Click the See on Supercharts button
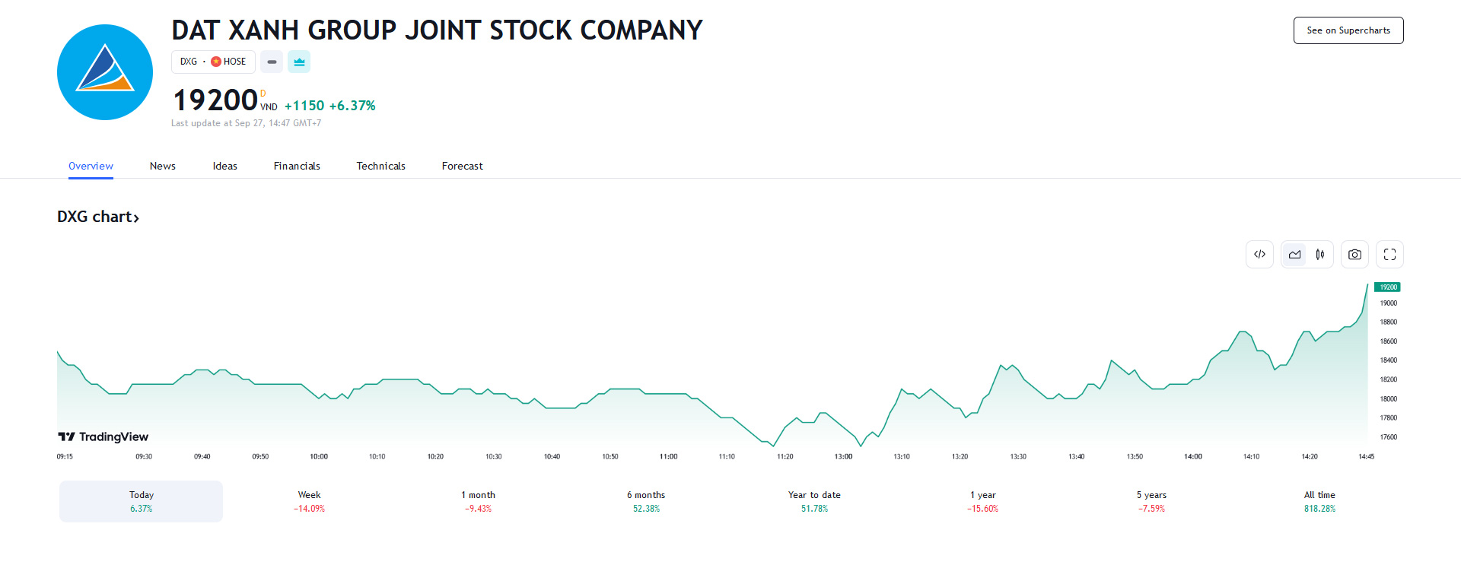[1348, 30]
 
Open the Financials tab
[297, 166]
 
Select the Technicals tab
[380, 166]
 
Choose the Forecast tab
[462, 166]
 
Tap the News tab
[162, 166]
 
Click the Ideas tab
[224, 166]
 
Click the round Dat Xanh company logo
[105, 72]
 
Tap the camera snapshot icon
[1354, 255]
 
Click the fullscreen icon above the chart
[1389, 255]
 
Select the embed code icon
[1259, 255]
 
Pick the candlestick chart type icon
[1320, 255]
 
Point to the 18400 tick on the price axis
[1388, 360]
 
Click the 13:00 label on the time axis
[843, 457]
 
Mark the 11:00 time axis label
[668, 457]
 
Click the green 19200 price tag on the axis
[1387, 287]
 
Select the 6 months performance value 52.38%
[646, 509]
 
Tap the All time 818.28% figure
[1319, 509]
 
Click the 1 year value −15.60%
[982, 509]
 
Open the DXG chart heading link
[98, 217]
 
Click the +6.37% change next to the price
[352, 106]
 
